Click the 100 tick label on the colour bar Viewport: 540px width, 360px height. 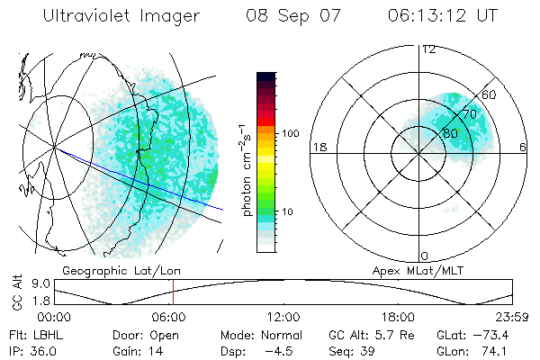pyautogui.click(x=290, y=133)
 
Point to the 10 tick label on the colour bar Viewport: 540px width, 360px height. pyautogui.click(x=287, y=212)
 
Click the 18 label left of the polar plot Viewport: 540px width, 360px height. pyautogui.click(x=318, y=147)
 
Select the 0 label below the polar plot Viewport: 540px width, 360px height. pyautogui.click(x=425, y=256)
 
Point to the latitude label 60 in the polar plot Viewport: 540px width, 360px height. pyautogui.click(x=490, y=95)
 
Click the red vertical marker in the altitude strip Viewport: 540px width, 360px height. pyautogui.click(x=173, y=293)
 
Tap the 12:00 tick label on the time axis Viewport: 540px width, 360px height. pyautogui.click(x=283, y=317)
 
